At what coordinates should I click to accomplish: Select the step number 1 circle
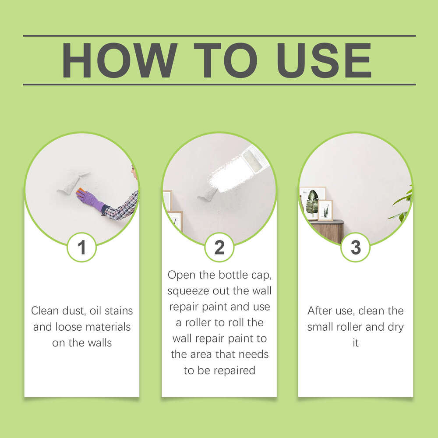pyautogui.click(x=81, y=247)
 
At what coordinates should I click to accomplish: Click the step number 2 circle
pyautogui.click(x=219, y=247)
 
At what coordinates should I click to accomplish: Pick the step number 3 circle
pyautogui.click(x=356, y=247)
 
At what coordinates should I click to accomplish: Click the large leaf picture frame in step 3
pyautogui.click(x=312, y=202)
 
